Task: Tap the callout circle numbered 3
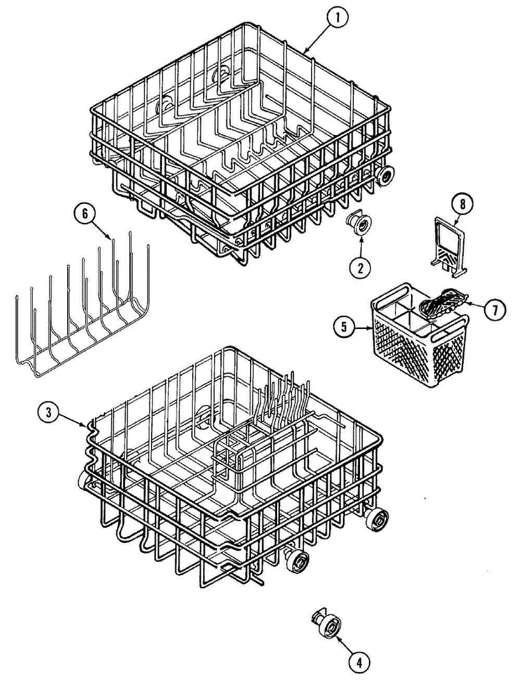[48, 398]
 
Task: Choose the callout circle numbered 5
[344, 328]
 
